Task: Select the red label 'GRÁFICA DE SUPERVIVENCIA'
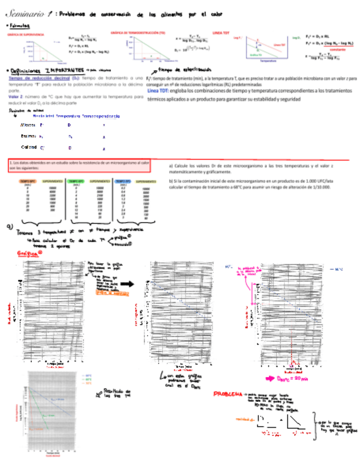(25, 35)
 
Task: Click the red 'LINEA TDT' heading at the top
(221, 33)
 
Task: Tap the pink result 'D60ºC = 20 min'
(290, 378)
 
